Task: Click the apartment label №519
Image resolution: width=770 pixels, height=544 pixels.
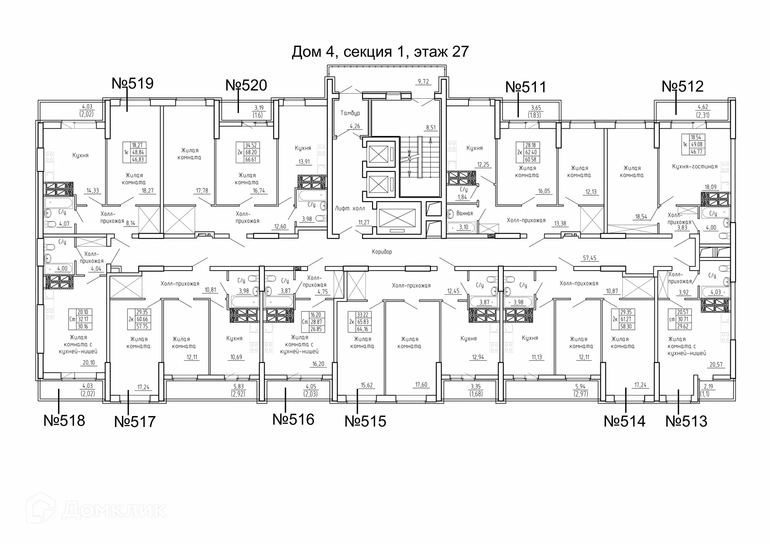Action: click(x=132, y=83)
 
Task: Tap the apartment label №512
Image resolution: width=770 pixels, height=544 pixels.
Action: click(x=683, y=86)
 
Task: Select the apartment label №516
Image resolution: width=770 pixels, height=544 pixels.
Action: click(x=293, y=419)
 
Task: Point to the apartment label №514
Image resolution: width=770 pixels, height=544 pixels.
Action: click(x=624, y=421)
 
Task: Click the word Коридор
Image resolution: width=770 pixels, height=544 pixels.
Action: click(x=382, y=252)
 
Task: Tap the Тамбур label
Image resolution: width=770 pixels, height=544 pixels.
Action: click(x=350, y=113)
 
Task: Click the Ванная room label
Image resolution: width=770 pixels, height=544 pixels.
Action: click(x=464, y=213)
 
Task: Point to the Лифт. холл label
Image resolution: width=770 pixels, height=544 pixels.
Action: click(x=350, y=208)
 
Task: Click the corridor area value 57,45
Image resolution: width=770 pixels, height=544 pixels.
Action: click(x=590, y=258)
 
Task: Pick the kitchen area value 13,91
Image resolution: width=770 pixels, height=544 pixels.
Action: click(x=304, y=162)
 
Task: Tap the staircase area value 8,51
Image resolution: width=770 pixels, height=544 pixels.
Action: click(x=431, y=128)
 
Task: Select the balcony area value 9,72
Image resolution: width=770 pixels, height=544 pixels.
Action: click(x=423, y=82)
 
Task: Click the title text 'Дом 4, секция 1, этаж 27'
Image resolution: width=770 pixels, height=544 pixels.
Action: click(x=380, y=52)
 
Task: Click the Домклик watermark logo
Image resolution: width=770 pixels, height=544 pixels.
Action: click(x=96, y=509)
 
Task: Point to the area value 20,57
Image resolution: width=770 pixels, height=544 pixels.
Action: click(x=716, y=365)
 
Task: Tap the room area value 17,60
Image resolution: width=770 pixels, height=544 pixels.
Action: click(x=421, y=385)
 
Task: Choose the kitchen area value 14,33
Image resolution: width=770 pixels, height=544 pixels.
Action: click(x=93, y=191)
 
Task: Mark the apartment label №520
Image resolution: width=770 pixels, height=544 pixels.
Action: click(x=246, y=85)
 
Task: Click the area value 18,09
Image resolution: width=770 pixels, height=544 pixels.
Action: click(x=711, y=187)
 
